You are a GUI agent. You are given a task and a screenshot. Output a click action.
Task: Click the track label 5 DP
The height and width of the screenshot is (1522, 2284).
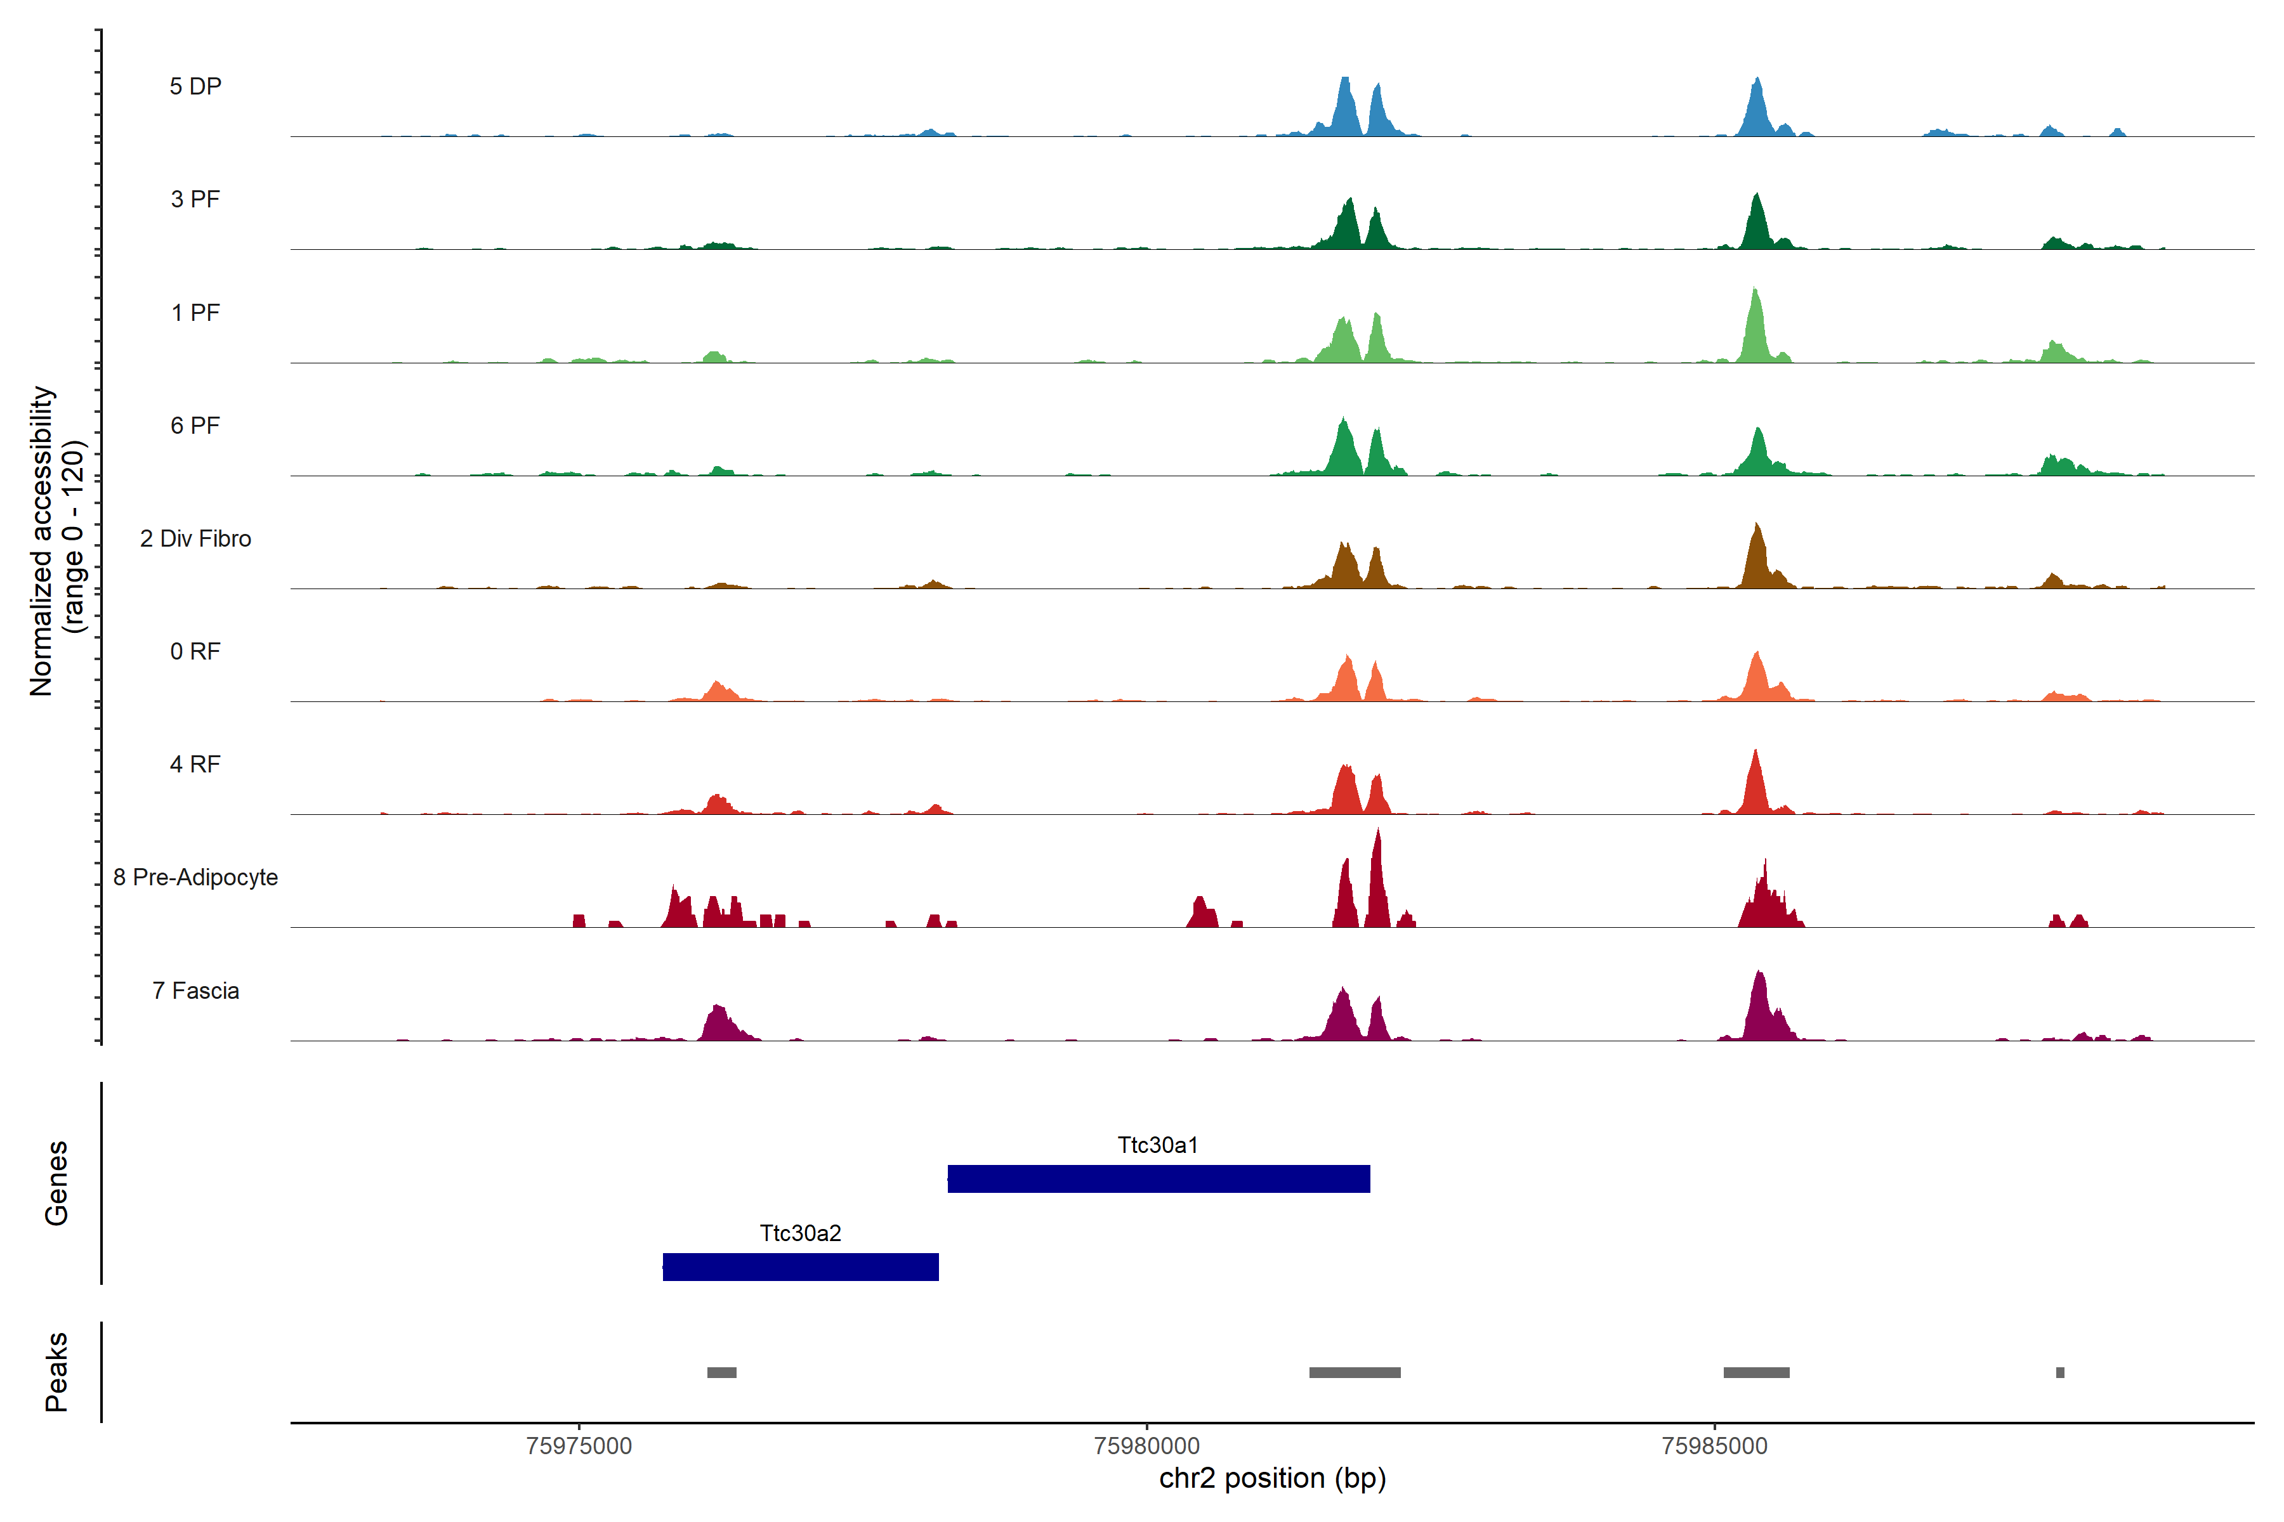(195, 86)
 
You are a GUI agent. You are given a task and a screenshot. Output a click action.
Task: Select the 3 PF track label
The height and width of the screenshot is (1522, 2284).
(195, 199)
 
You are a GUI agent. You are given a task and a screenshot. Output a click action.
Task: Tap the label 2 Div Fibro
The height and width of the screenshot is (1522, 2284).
(195, 538)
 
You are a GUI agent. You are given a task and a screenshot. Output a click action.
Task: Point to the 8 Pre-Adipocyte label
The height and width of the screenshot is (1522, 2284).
(195, 878)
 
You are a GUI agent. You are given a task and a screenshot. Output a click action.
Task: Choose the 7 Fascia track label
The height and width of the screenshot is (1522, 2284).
(195, 991)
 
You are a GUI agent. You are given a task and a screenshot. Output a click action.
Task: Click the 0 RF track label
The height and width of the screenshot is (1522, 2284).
(195, 651)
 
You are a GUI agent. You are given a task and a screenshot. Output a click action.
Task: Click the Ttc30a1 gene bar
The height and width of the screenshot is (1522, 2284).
(1158, 1178)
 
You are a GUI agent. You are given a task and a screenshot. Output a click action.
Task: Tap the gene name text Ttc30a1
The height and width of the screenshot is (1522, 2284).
(1157, 1145)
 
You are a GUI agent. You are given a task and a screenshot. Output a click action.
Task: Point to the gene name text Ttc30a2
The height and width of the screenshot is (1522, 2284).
(800, 1233)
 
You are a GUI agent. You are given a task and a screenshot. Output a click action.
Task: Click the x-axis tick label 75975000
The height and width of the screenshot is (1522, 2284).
(579, 1447)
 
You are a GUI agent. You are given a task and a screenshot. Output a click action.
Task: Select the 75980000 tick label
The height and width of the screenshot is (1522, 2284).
(1147, 1447)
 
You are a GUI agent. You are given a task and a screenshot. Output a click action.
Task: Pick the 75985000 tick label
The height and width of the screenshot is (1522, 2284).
(1715, 1447)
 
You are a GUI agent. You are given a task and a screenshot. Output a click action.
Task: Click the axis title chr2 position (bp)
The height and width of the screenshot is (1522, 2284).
(1272, 1478)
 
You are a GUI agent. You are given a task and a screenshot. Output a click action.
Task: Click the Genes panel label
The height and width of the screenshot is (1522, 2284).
(56, 1183)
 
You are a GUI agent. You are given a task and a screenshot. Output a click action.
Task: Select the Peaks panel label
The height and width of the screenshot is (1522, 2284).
(56, 1372)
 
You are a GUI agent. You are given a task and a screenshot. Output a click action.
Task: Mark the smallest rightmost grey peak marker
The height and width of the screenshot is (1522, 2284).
(2059, 1372)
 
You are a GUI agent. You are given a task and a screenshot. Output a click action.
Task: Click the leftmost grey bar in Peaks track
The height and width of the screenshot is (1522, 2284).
(721, 1372)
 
